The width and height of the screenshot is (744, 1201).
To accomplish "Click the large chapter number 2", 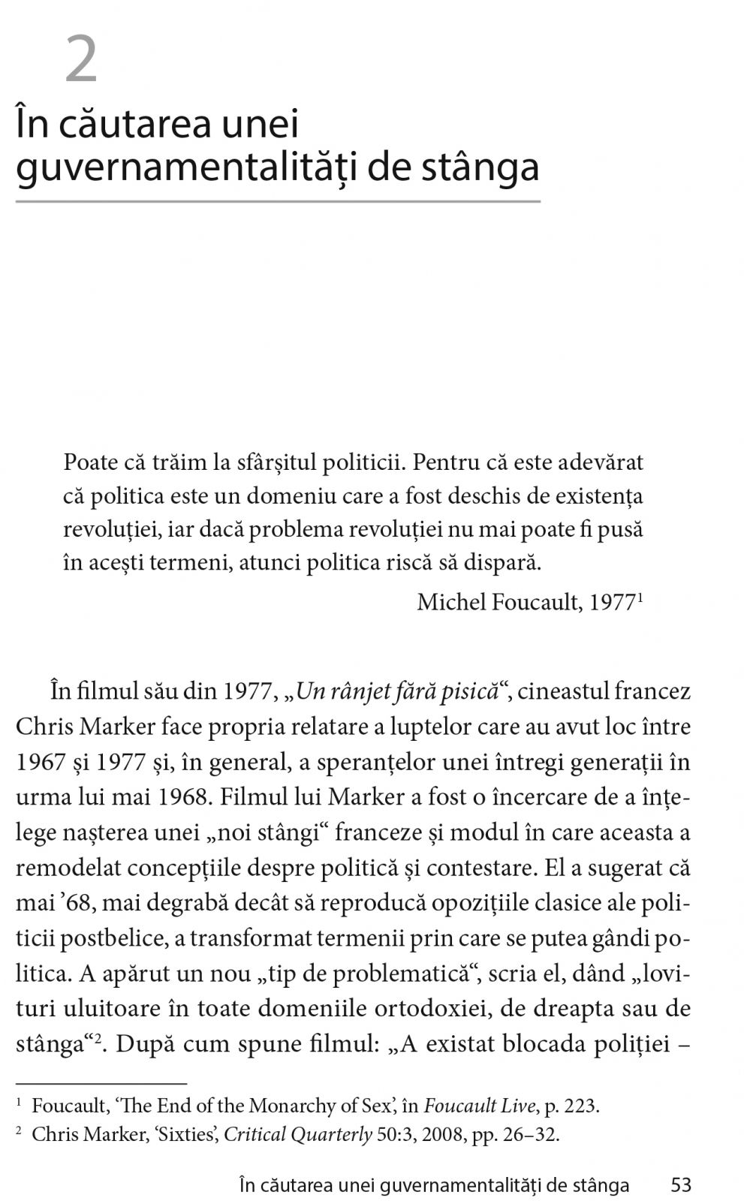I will (81, 61).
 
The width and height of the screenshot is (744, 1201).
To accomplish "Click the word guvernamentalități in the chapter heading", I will (184, 167).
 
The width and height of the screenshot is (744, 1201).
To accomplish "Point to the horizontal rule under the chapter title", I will (278, 202).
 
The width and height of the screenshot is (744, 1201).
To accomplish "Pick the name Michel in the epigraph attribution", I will (451, 602).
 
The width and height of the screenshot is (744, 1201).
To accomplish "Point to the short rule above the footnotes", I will (101, 1084).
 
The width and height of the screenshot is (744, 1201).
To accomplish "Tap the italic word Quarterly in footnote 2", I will (336, 1134).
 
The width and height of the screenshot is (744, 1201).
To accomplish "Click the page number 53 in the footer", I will (680, 1185).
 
